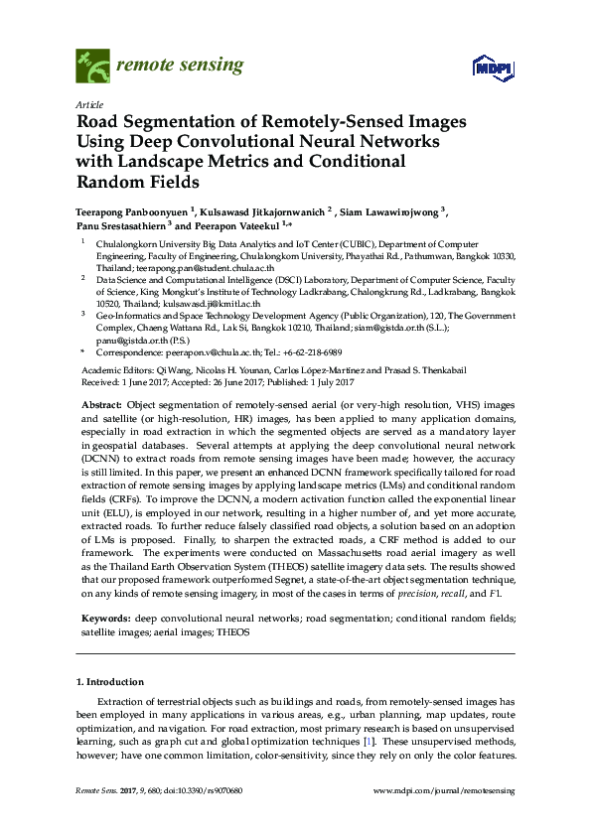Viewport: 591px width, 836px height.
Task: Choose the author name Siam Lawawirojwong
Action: coord(394,212)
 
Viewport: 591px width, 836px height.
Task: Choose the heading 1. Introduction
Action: coord(110,682)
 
